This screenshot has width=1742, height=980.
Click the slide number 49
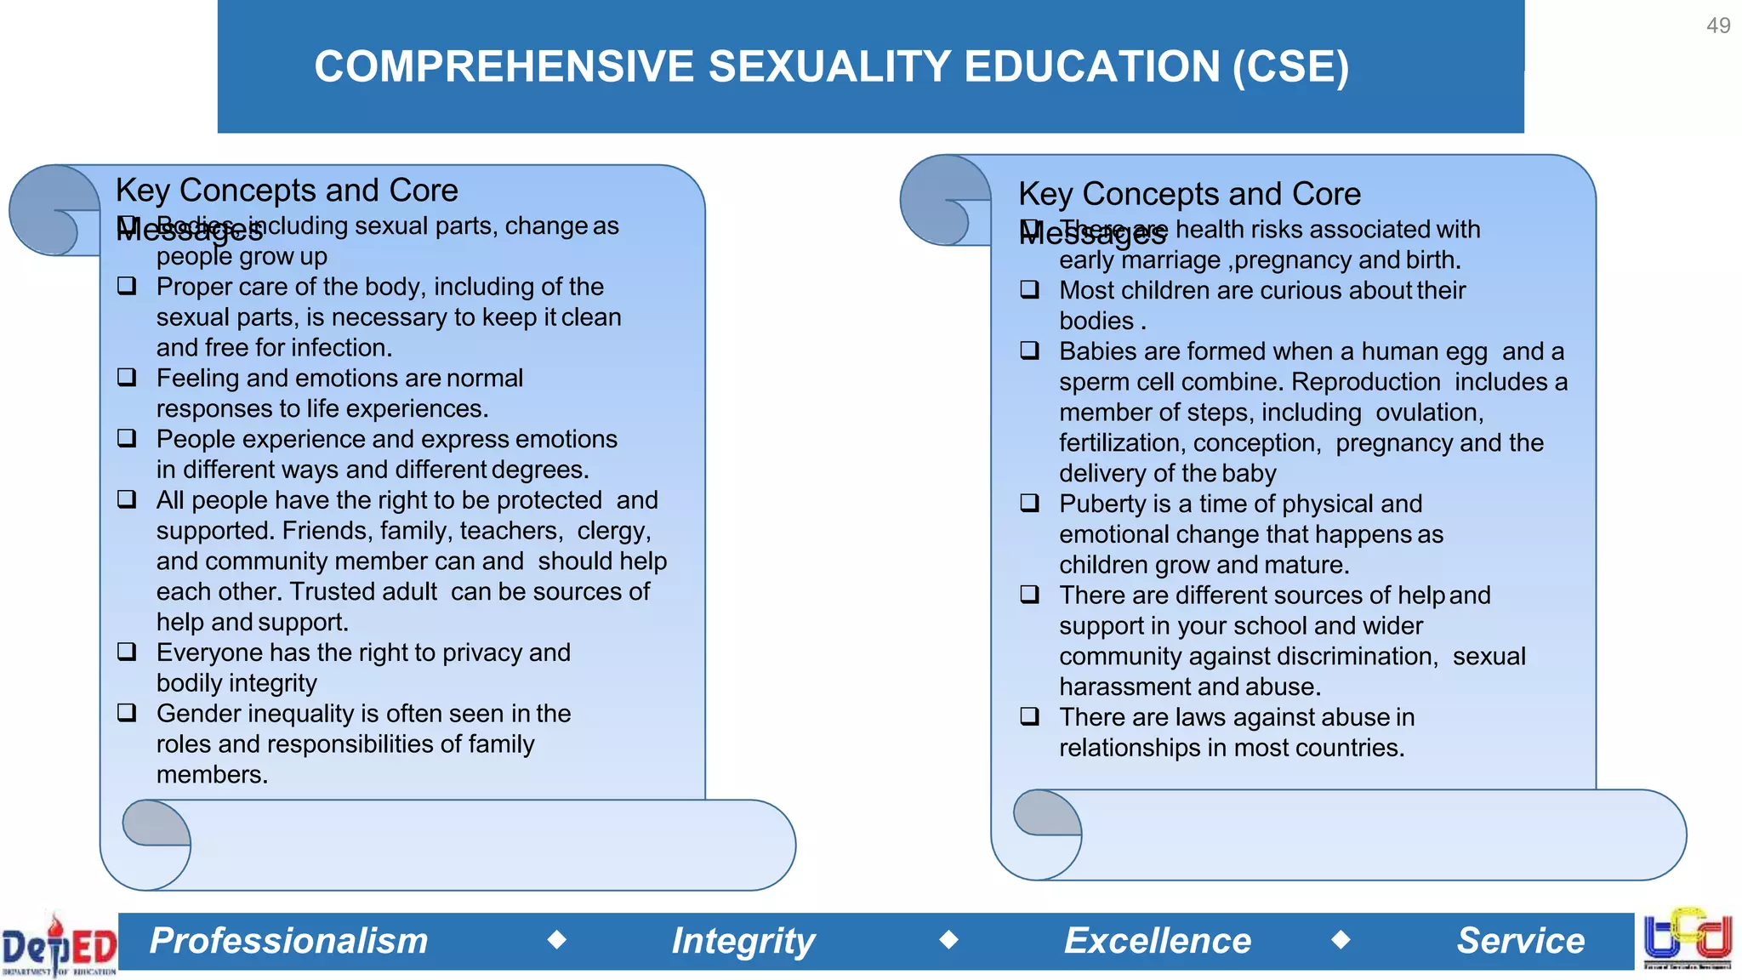click(1717, 26)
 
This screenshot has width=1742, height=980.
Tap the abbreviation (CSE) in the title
click(1290, 67)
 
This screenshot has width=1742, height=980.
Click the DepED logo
click(58, 944)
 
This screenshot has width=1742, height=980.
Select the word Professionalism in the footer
click(288, 941)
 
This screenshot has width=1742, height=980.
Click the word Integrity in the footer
click(743, 941)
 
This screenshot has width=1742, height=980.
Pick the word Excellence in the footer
click(1157, 941)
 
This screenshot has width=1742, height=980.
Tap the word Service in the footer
click(1520, 941)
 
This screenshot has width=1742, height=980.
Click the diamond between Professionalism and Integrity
click(557, 939)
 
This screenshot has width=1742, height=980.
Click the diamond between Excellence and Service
click(1341, 939)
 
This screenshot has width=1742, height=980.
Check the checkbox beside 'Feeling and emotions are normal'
click(127, 377)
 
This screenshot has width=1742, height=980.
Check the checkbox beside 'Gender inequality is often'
click(127, 712)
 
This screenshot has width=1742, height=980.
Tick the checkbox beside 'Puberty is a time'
click(1029, 503)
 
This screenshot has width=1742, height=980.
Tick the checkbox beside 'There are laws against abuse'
click(1029, 716)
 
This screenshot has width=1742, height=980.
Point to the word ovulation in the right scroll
click(1428, 413)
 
